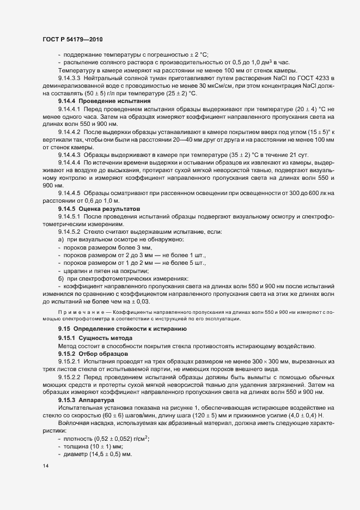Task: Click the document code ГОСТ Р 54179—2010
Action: pyautogui.click(x=72, y=40)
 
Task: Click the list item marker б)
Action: pyautogui.click(x=61, y=278)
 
